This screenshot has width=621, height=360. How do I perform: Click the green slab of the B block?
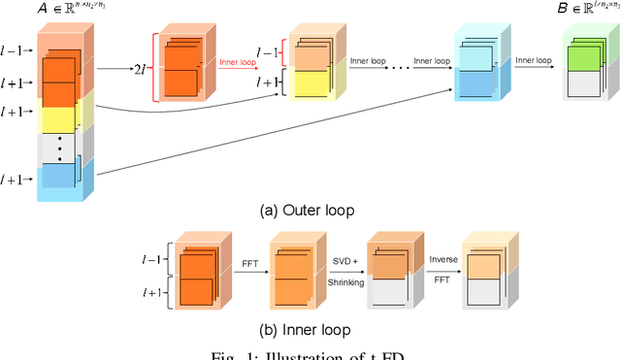(588, 56)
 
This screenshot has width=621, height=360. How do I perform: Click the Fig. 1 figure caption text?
(310, 354)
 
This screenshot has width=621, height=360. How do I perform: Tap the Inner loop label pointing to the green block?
(536, 60)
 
